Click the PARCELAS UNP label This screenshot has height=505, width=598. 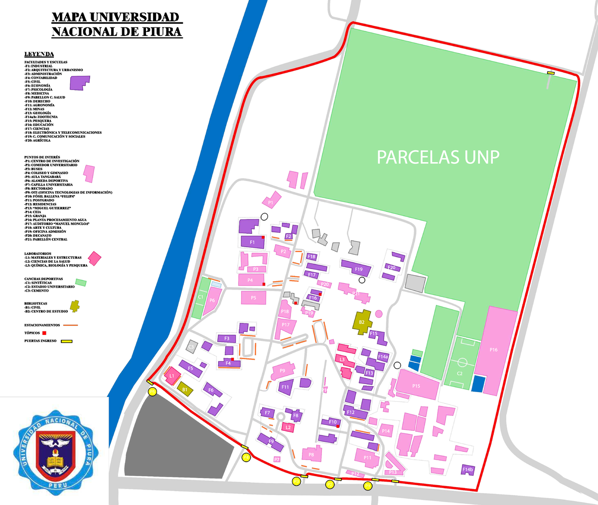coord(438,157)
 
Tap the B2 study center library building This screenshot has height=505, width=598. coord(362,322)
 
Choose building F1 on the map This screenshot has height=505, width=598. coord(252,242)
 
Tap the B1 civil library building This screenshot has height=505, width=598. coord(185,389)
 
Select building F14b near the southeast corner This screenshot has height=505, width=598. coord(467,469)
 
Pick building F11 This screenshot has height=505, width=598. coord(286,387)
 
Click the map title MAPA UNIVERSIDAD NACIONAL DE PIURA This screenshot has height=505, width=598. coord(117,24)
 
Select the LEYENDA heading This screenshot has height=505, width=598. coord(39,54)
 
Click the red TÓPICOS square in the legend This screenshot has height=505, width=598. coord(44,333)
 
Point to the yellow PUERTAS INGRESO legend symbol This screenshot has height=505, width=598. coord(67,341)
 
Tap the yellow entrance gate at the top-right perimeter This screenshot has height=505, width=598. coord(551,73)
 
